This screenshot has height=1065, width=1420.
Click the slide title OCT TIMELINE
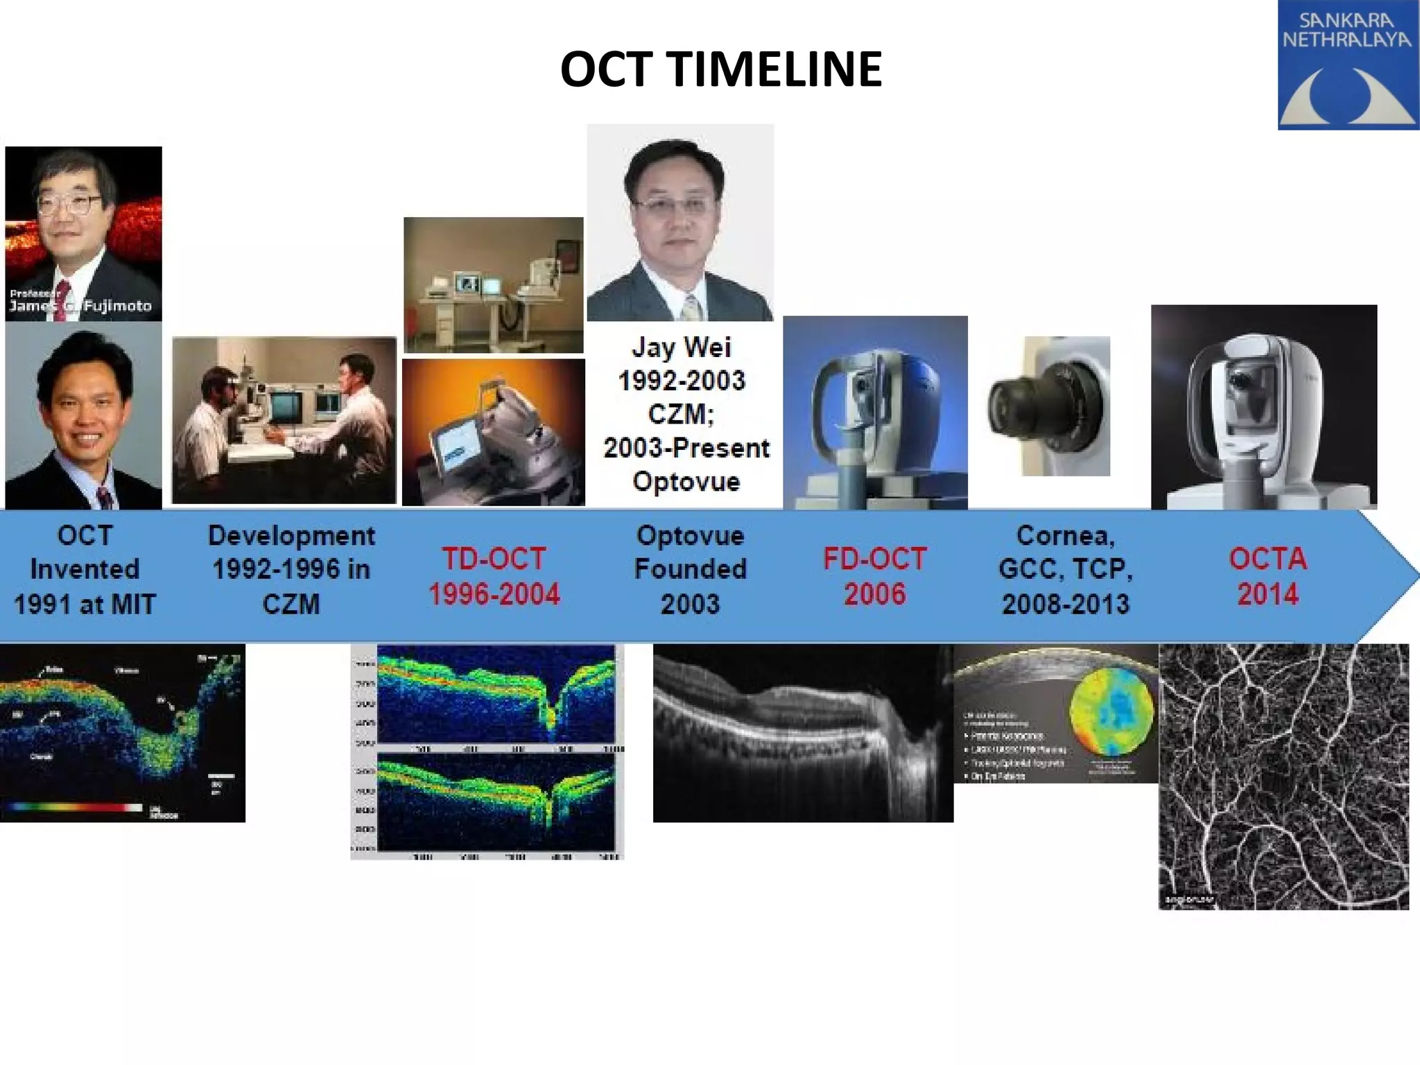[720, 69]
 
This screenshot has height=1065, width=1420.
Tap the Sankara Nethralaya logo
[1347, 65]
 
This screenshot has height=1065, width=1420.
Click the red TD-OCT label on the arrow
[494, 559]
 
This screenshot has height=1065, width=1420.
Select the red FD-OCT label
[874, 559]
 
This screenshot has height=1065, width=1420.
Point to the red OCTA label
[1267, 559]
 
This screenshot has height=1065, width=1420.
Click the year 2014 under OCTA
[1267, 595]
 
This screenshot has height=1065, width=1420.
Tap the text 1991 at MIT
[85, 605]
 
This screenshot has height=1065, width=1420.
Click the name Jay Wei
[681, 347]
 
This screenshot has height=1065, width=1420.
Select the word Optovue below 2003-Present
[686, 481]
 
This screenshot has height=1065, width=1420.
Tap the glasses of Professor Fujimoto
[69, 204]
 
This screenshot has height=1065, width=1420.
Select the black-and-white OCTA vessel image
[1283, 777]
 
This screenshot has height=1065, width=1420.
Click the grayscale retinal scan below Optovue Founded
[802, 734]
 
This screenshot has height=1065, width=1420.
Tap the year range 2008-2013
[1065, 605]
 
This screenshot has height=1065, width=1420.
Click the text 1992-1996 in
[291, 570]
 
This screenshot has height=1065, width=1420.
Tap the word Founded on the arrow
[690, 570]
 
